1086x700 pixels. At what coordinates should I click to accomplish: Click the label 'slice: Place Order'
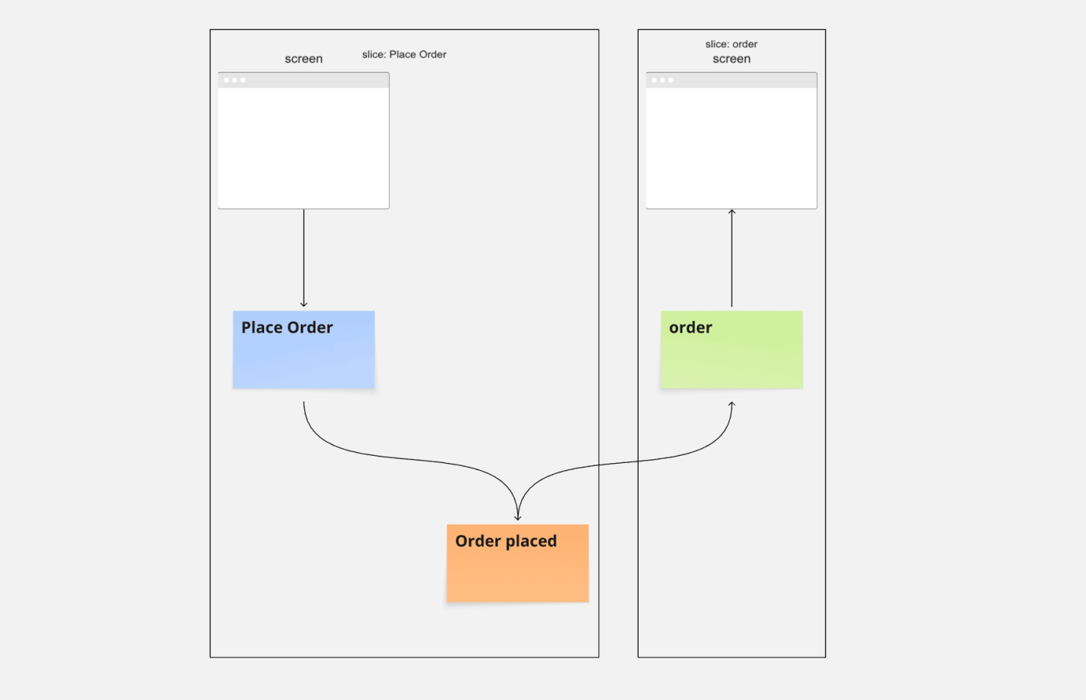tap(404, 55)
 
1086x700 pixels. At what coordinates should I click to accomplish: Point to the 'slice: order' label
tap(731, 44)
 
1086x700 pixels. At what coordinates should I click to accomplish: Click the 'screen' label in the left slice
tap(304, 59)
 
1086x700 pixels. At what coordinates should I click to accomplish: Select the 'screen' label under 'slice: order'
tap(731, 59)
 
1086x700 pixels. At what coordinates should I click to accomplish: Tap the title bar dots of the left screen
tap(234, 80)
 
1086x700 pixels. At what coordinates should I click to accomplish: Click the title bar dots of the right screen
tap(662, 80)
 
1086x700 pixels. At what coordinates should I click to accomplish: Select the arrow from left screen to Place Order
tap(304, 255)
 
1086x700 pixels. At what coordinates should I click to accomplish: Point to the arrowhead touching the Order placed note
tap(517, 518)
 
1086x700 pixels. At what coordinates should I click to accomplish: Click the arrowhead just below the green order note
tap(731, 404)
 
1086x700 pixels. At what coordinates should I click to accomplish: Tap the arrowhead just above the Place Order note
tap(304, 304)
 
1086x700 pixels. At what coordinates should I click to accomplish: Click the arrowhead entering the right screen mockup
tap(731, 212)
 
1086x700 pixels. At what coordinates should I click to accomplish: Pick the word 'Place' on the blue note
tap(262, 328)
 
